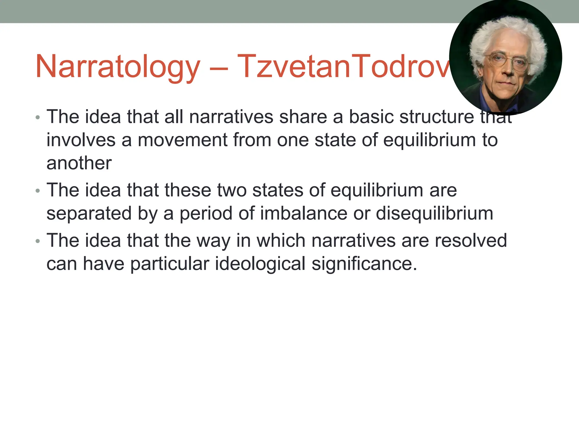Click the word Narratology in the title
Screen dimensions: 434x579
point(118,67)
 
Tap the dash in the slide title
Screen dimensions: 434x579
point(219,68)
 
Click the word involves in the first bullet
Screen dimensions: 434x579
point(81,140)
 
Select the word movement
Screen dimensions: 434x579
point(183,140)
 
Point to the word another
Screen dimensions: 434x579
point(79,163)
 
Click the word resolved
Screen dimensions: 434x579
point(470,240)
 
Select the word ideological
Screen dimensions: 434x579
point(260,264)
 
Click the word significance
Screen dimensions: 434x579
point(364,264)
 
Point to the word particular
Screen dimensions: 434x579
point(170,264)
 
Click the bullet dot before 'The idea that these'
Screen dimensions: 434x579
point(38,191)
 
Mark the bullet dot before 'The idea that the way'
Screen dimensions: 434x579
point(38,241)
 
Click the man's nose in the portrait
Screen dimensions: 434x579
point(507,70)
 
